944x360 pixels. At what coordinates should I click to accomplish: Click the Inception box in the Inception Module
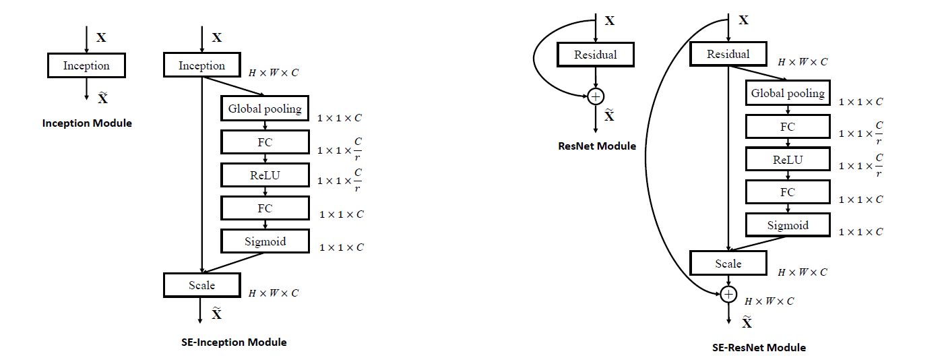coord(86,65)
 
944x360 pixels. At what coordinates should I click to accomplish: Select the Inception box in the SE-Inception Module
coord(202,65)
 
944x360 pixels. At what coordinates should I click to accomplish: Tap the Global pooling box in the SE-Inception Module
coord(265,109)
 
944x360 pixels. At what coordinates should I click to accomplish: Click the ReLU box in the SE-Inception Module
coord(265,175)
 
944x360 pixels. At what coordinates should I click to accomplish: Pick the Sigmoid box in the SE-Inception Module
coord(265,241)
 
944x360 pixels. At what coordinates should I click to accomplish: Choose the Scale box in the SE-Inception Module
coord(202,285)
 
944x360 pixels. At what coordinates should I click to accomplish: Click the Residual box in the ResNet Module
coord(596,55)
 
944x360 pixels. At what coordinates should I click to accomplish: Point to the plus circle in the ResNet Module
coord(596,96)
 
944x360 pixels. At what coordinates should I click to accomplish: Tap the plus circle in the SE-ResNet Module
coord(728,294)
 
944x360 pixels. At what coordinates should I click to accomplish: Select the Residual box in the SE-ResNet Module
coord(728,54)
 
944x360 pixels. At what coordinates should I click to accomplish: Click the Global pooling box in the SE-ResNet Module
coord(788,93)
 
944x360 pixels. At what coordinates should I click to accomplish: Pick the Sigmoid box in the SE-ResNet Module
coord(788,225)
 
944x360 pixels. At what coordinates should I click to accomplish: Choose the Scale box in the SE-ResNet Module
coord(728,264)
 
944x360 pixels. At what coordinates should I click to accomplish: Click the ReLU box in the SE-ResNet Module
coord(788,159)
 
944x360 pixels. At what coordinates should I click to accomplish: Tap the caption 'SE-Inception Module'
coord(234,342)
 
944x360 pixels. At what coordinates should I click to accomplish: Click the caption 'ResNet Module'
coord(597,146)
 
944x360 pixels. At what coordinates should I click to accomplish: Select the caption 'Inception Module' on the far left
coord(87,123)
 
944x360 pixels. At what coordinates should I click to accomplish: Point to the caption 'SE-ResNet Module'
coord(759,348)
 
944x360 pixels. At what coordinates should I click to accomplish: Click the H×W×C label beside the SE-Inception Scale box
coord(274,293)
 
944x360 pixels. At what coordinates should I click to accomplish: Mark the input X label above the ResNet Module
coord(610,21)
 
